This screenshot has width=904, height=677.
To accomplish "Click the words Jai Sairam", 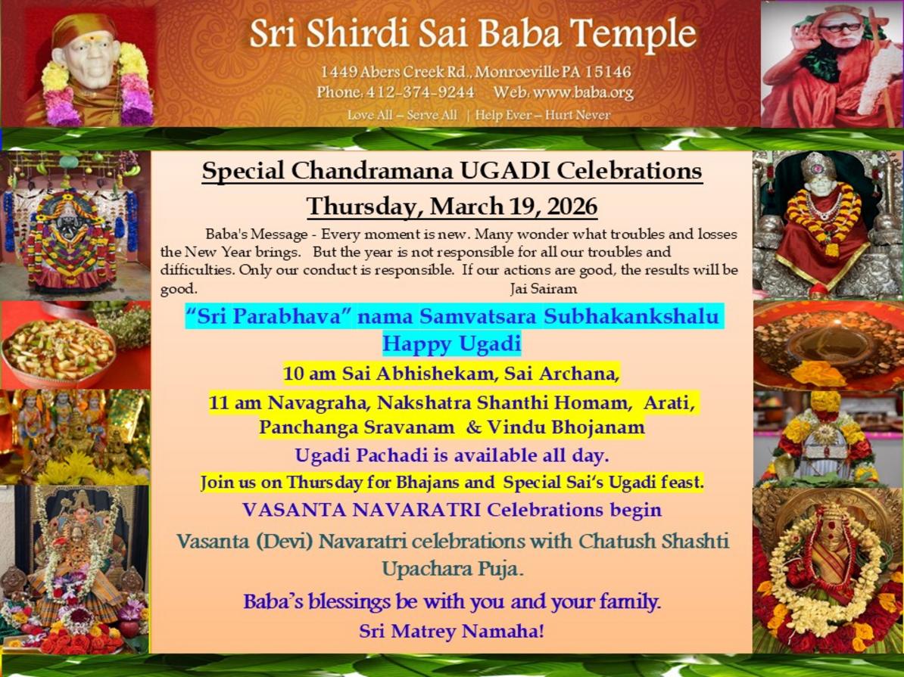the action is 544,288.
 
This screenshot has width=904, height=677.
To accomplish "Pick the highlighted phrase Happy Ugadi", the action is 451,344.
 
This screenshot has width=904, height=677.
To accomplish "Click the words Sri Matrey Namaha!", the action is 451,631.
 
